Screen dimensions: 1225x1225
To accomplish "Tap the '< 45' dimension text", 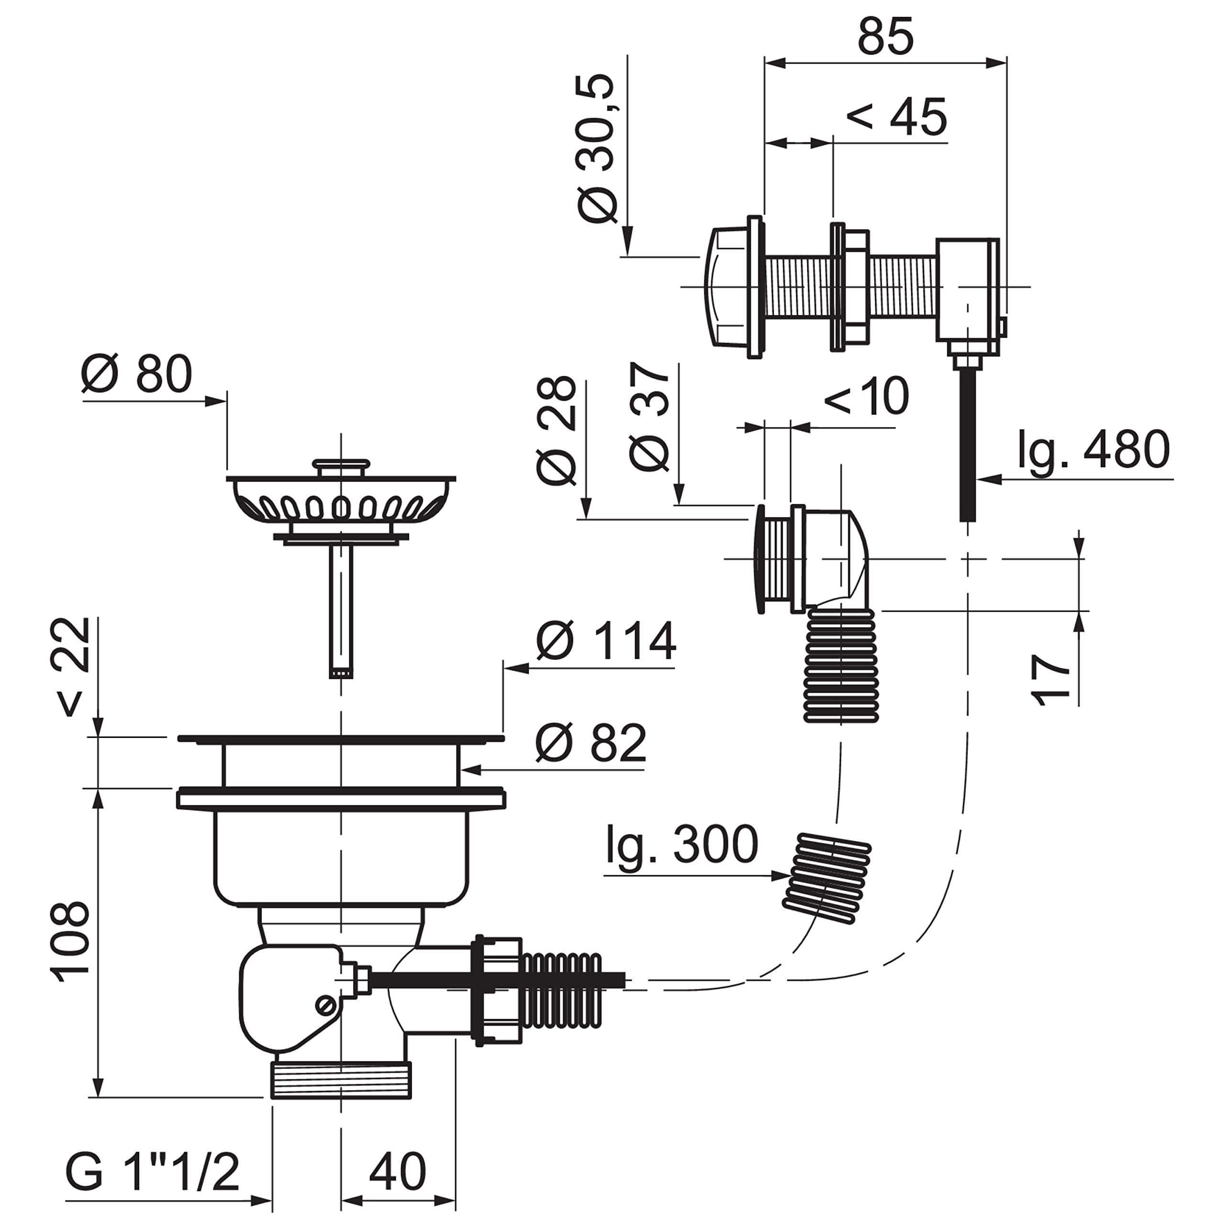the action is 897,117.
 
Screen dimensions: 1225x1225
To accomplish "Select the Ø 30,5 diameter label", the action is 597,148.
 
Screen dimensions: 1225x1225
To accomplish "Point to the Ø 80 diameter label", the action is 136,374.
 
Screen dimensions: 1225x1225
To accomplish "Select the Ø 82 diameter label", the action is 591,743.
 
